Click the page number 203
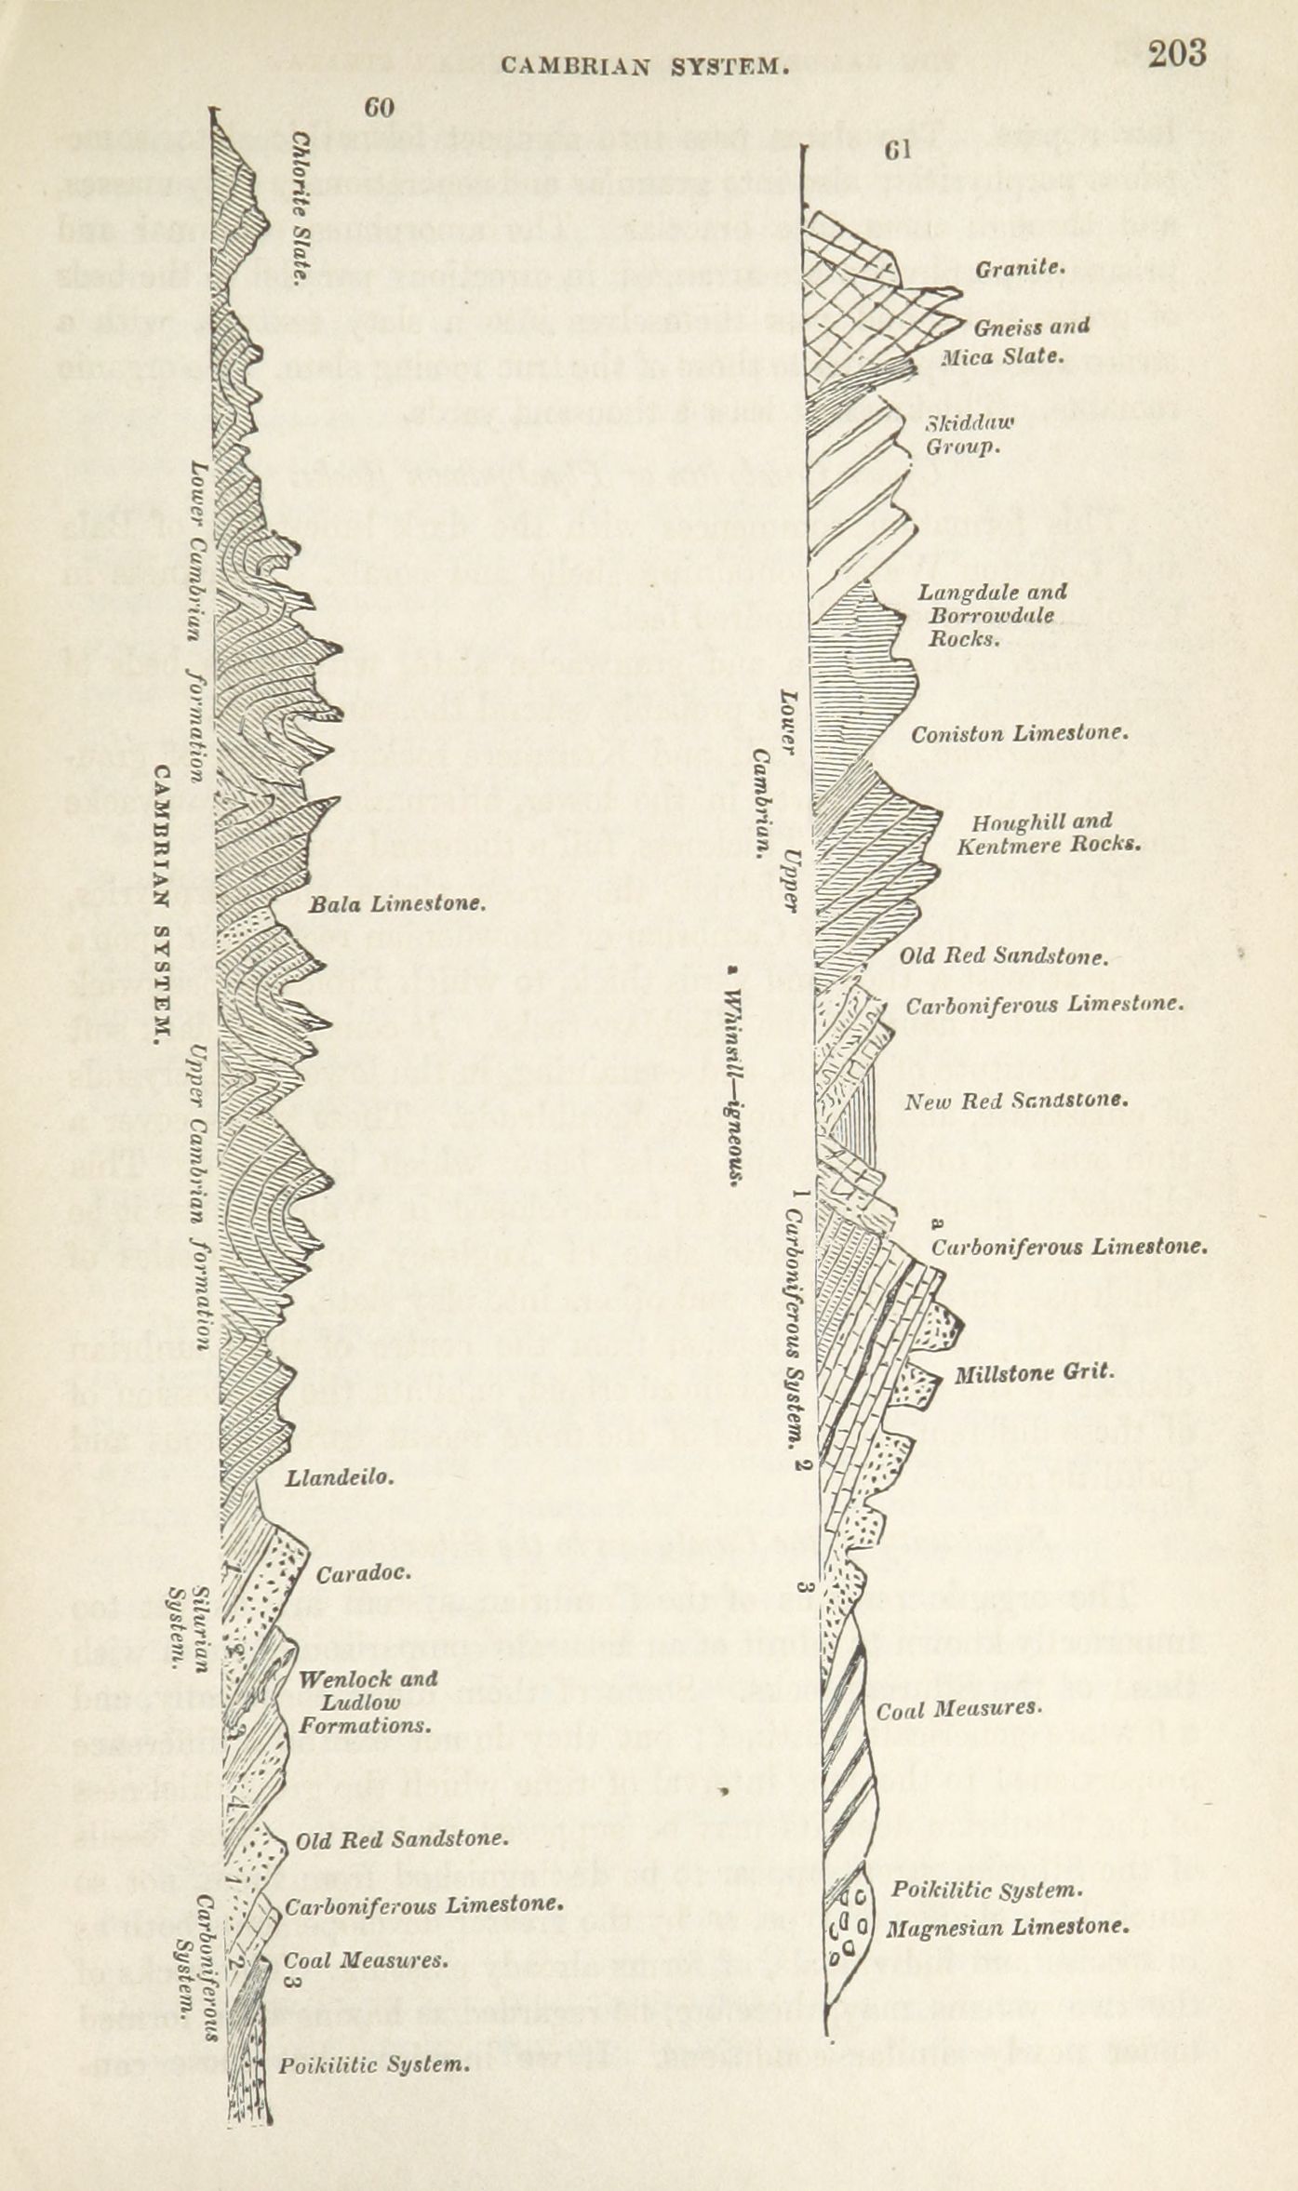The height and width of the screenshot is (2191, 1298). [x=1176, y=53]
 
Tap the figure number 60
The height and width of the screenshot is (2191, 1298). [x=379, y=108]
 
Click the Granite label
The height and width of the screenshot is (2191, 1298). [x=1019, y=269]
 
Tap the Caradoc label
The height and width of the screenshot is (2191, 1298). [x=363, y=1574]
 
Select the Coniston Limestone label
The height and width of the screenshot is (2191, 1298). [x=1020, y=734]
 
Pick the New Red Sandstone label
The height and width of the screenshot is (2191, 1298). [x=1017, y=1101]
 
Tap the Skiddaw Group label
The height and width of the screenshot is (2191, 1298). [x=968, y=434]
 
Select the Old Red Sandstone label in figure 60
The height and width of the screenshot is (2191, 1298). [x=401, y=1839]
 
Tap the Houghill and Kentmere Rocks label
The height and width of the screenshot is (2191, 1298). [x=1048, y=834]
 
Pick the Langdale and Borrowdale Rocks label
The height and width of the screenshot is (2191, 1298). [x=993, y=616]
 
